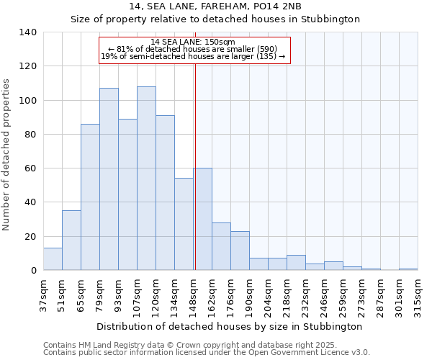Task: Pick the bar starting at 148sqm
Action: pyautogui.click(x=203, y=219)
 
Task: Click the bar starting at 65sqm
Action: pyautogui.click(x=90, y=197)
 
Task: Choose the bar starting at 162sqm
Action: pyautogui.click(x=221, y=246)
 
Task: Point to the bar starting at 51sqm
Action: pyautogui.click(x=71, y=240)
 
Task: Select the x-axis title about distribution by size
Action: pyautogui.click(x=229, y=326)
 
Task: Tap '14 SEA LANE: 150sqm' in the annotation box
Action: pyautogui.click(x=193, y=42)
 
